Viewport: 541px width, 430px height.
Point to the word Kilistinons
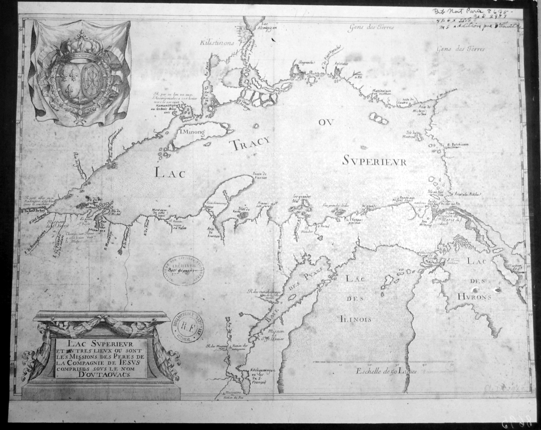point(217,43)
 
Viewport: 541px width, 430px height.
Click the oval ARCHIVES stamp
point(184,273)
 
